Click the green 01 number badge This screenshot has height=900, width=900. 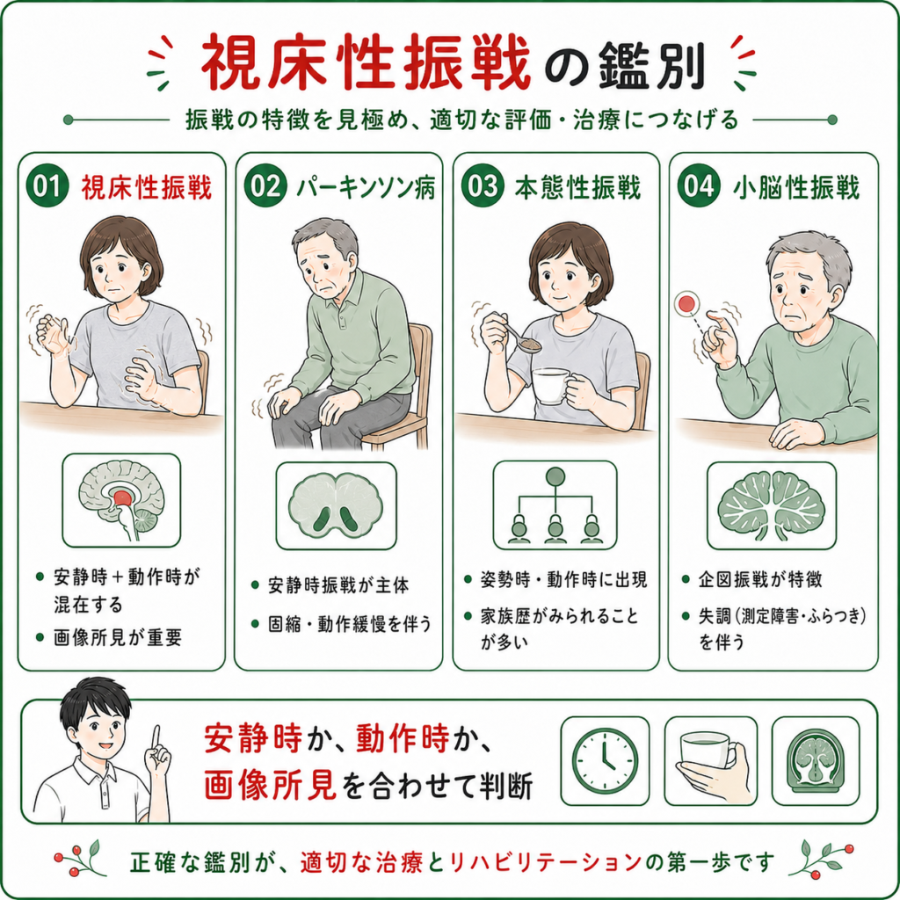pyautogui.click(x=47, y=185)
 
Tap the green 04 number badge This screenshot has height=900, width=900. pyautogui.click(x=699, y=185)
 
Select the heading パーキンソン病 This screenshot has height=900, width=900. pyautogui.click(x=366, y=186)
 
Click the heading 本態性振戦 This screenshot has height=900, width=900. pyautogui.click(x=577, y=187)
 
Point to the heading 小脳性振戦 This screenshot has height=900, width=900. pyautogui.click(x=796, y=187)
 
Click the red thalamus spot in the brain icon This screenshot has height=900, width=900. pyautogui.click(x=122, y=497)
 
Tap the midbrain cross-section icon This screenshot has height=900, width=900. pyautogui.click(x=336, y=505)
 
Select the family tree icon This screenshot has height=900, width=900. pyautogui.click(x=555, y=505)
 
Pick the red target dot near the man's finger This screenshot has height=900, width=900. pyautogui.click(x=686, y=303)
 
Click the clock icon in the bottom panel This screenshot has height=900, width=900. pyautogui.click(x=605, y=760)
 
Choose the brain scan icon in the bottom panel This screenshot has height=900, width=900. pyautogui.click(x=816, y=761)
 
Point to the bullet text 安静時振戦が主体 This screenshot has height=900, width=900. pyautogui.click(x=338, y=585)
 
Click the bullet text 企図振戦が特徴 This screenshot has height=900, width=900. pyautogui.click(x=760, y=579)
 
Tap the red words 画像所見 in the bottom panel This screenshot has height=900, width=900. pyautogui.click(x=270, y=785)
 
